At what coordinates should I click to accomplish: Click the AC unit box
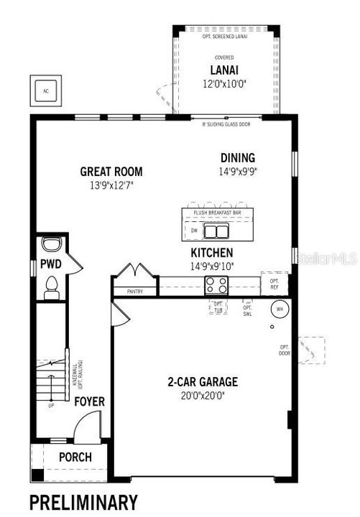click(46, 91)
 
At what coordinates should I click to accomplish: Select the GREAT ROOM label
click(111, 172)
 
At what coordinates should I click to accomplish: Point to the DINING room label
click(238, 158)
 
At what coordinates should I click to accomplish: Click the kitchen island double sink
click(215, 231)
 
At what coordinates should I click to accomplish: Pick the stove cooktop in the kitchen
click(217, 285)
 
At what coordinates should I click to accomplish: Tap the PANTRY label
click(134, 292)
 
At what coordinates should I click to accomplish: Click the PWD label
click(50, 265)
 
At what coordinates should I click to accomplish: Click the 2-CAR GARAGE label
click(203, 382)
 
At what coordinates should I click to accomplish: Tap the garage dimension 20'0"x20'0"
click(203, 394)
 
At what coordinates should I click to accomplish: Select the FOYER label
click(89, 401)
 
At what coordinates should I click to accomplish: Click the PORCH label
click(75, 457)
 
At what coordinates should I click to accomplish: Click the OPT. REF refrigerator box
click(275, 284)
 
